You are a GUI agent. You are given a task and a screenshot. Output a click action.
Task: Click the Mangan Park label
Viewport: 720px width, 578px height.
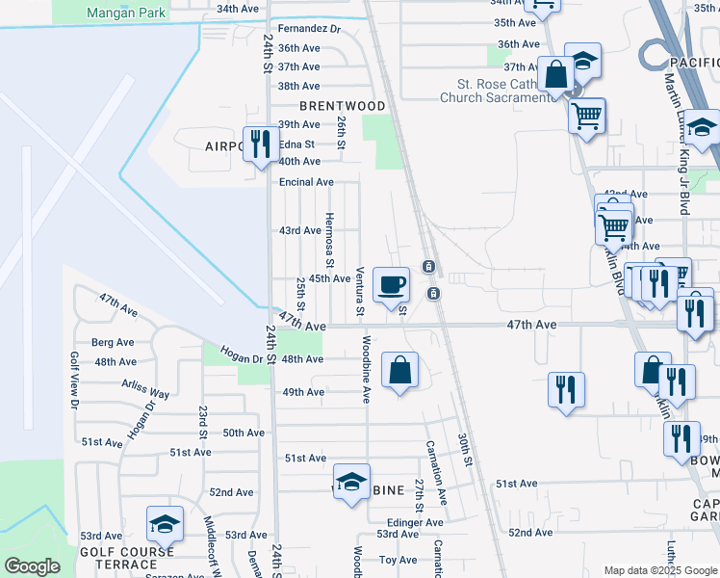125,13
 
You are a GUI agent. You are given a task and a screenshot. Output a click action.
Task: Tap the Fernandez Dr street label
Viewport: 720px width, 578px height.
310,30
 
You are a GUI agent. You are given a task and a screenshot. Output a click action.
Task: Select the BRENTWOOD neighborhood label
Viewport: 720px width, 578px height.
342,106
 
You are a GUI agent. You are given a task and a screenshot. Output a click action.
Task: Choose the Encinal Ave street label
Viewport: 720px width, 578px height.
306,182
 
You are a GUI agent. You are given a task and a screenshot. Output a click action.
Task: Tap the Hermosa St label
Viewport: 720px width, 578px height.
329,239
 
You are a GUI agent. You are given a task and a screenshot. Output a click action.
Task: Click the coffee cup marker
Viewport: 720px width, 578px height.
391,285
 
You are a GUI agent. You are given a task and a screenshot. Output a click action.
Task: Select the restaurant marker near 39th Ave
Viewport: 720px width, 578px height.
258,144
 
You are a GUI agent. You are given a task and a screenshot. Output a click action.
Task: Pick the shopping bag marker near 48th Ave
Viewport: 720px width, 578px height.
400,370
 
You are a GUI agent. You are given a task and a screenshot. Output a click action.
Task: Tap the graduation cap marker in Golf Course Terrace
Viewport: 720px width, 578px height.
166,524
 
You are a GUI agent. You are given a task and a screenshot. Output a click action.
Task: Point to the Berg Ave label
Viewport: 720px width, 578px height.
113,342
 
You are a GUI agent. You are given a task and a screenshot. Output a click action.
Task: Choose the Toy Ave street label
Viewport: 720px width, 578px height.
398,560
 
